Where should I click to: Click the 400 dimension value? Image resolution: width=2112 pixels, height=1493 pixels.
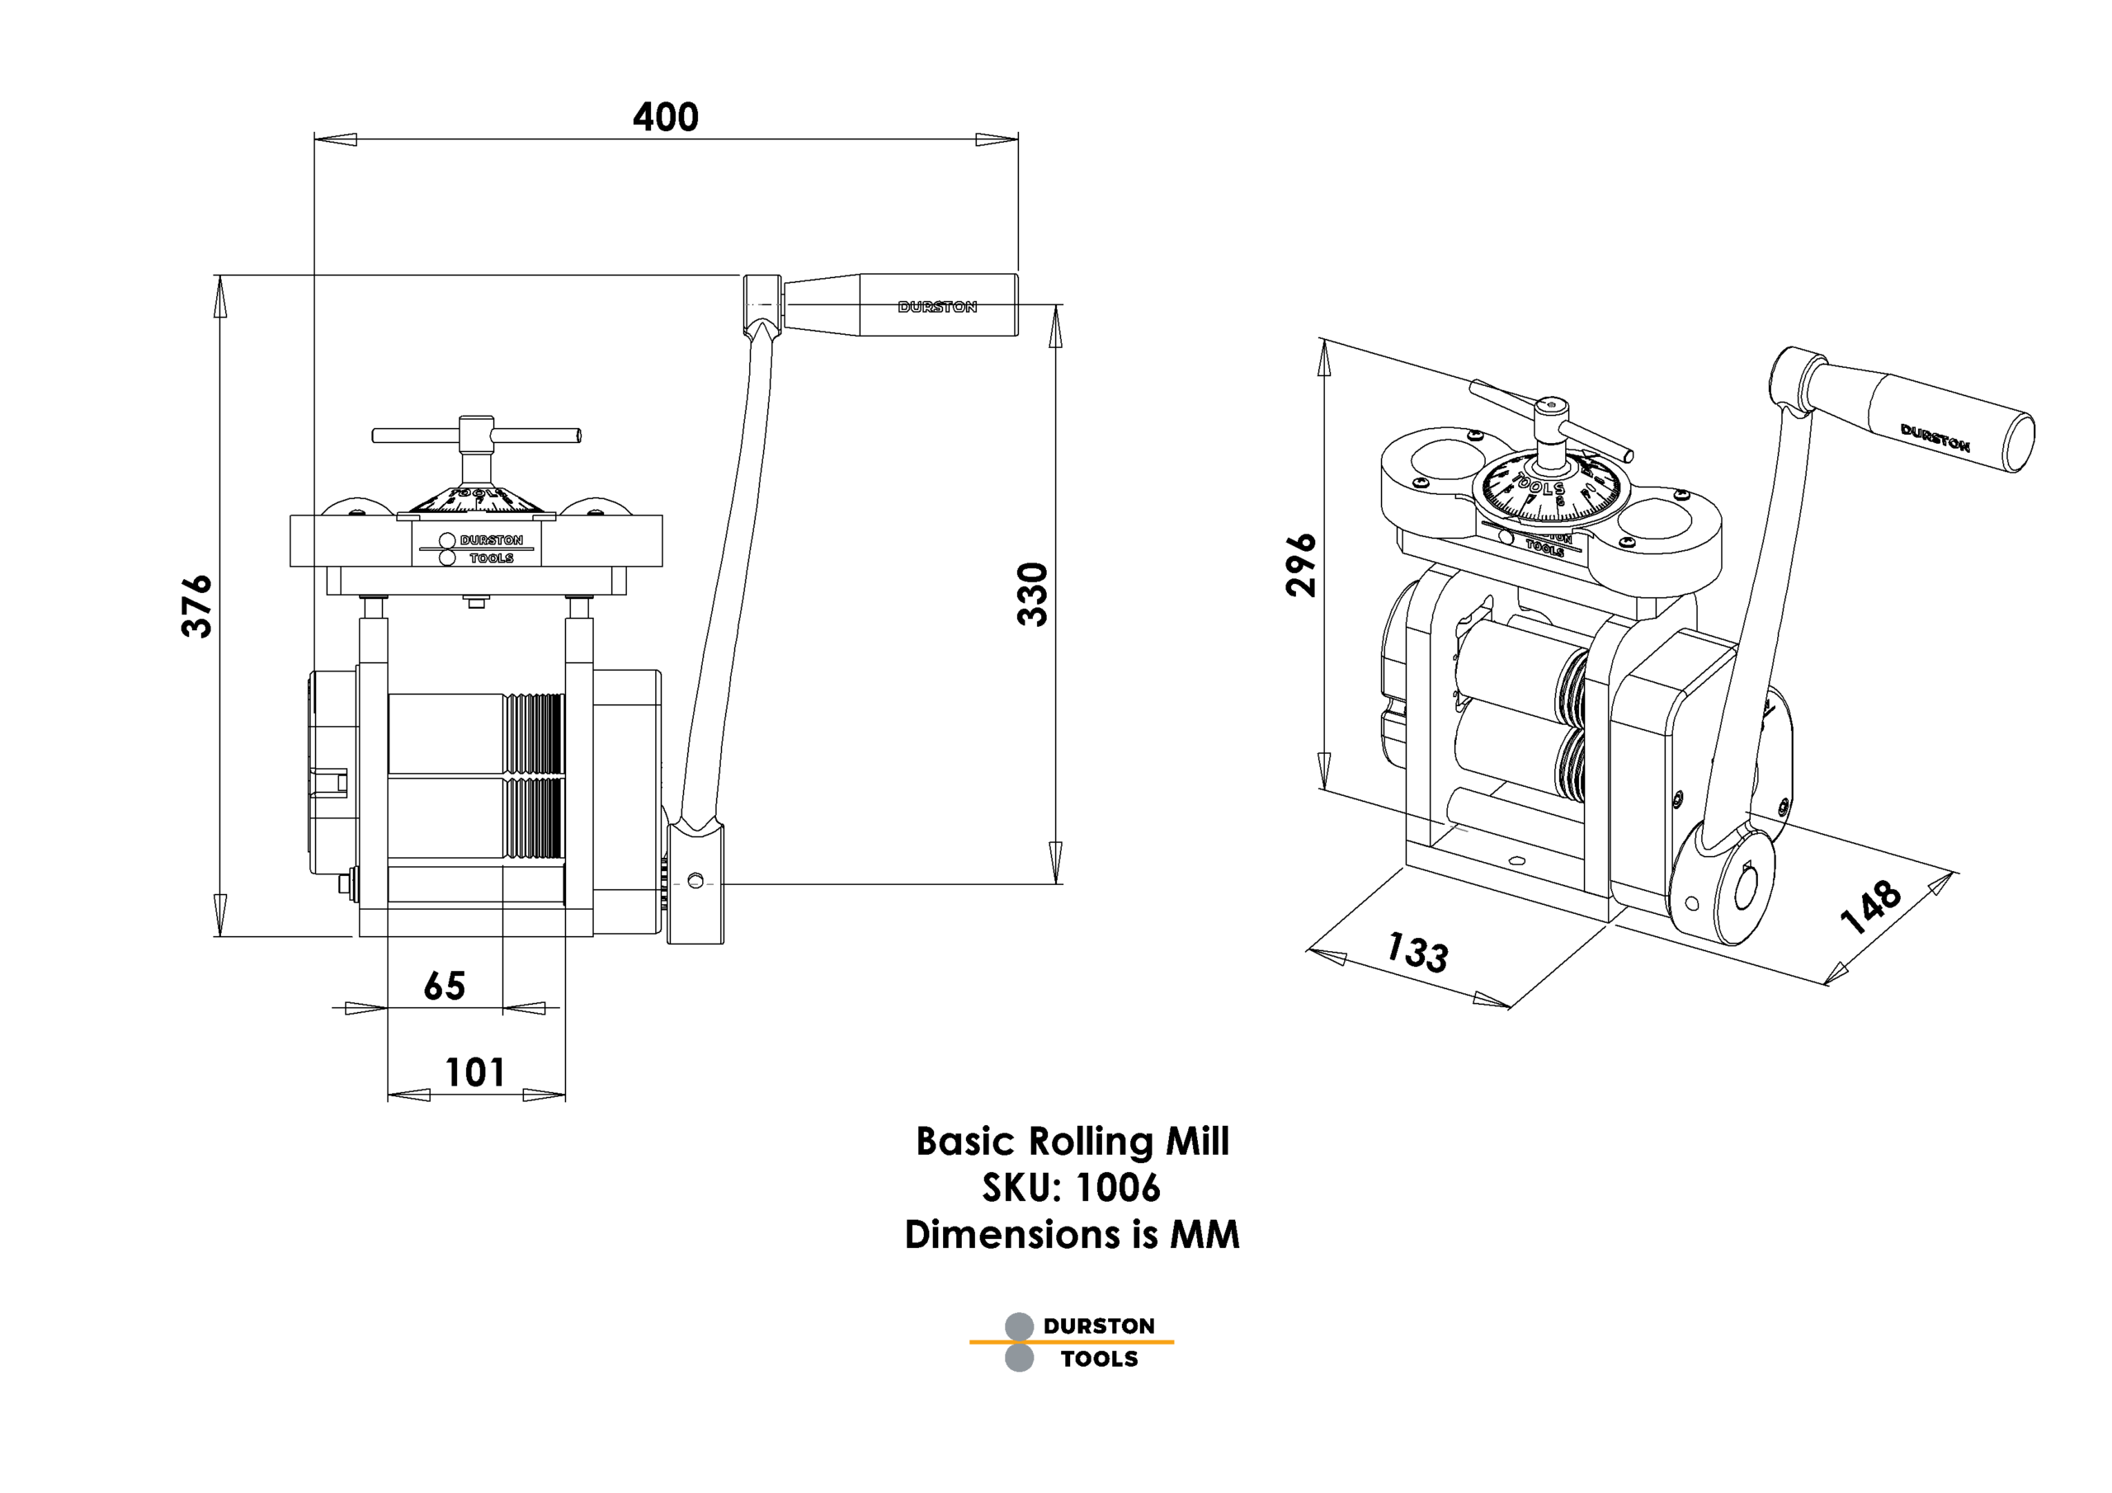pos(665,118)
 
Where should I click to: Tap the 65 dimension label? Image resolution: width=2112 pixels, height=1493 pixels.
pos(445,987)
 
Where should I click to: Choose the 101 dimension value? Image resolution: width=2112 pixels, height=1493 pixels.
pos(474,1072)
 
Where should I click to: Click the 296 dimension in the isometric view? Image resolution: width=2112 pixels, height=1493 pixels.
pos(1301,565)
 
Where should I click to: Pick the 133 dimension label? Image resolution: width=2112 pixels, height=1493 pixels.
pos(1417,952)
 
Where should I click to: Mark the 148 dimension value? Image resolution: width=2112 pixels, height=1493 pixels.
pos(1870,906)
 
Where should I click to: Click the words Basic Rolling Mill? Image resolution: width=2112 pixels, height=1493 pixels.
pos(1072,1142)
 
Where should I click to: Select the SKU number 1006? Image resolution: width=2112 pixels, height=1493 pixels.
pos(1118,1188)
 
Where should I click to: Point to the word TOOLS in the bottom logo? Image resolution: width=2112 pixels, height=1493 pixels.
pos(1099,1359)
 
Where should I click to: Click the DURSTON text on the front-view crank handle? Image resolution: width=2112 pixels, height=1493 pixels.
pos(937,307)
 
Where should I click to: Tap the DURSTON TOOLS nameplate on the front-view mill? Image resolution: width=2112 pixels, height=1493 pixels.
pos(477,549)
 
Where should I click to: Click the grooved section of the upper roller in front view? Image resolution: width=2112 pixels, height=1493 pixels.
pos(535,733)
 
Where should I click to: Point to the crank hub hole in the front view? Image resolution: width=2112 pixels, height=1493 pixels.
pos(695,881)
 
